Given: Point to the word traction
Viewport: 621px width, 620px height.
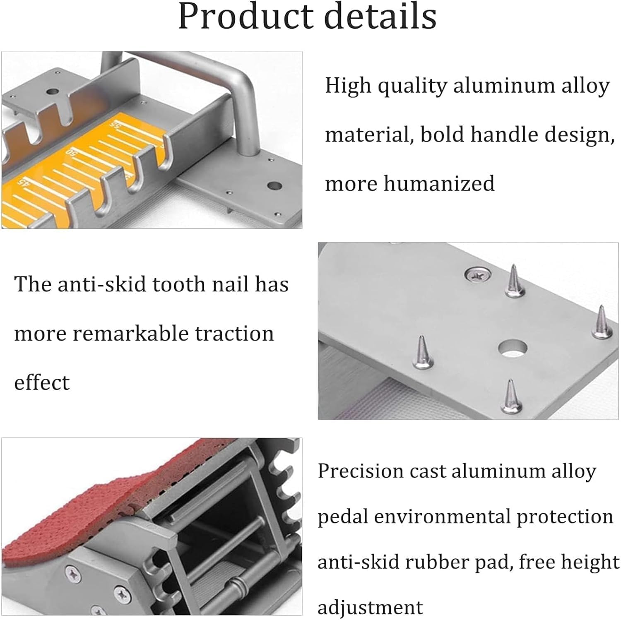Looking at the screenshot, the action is click(x=234, y=334).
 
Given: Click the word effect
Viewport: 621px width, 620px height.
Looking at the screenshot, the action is click(x=42, y=382).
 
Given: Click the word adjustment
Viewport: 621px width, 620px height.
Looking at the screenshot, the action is click(x=370, y=608).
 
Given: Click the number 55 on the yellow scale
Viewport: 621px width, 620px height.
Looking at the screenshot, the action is click(x=114, y=124).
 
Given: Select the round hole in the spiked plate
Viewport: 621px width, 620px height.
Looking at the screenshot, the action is click(x=512, y=348).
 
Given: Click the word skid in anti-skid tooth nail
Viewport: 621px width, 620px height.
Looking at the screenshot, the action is click(x=125, y=285).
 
